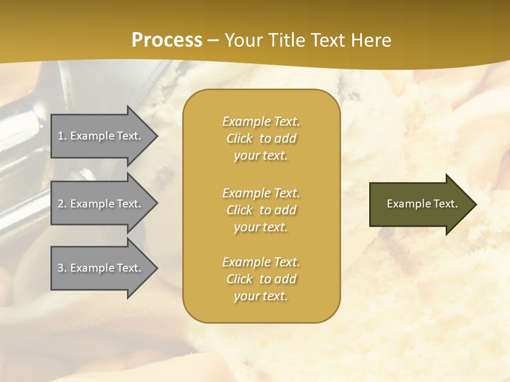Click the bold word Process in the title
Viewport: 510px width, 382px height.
click(167, 40)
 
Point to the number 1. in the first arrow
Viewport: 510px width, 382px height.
click(62, 136)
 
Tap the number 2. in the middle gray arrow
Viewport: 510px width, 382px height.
click(62, 204)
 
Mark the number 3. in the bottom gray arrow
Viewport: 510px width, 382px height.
click(62, 268)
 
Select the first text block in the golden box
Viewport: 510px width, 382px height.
click(261, 138)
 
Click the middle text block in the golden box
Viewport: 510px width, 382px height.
click(261, 210)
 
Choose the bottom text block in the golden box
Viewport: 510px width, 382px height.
click(261, 279)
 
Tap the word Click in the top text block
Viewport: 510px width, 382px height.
click(240, 138)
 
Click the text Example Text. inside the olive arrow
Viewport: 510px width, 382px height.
click(422, 204)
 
